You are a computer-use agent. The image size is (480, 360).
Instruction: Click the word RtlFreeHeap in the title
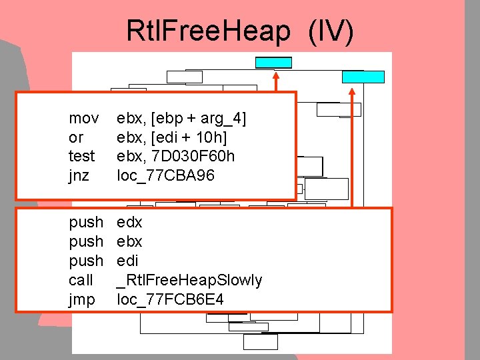[209, 31]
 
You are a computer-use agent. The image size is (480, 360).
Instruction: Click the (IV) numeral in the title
[331, 31]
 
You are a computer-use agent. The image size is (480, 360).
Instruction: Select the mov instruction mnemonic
[84, 119]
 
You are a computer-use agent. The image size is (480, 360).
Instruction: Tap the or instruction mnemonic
[76, 137]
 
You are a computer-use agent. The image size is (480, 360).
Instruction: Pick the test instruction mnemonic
[81, 156]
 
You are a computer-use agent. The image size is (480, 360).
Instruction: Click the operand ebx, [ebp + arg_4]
[181, 119]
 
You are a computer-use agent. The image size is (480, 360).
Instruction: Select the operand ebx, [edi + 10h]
[172, 137]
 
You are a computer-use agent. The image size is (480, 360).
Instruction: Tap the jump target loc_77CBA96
[166, 175]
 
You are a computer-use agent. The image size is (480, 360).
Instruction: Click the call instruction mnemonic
[81, 280]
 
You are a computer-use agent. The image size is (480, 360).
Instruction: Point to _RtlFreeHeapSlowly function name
[189, 280]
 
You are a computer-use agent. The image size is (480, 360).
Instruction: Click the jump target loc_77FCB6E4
[170, 299]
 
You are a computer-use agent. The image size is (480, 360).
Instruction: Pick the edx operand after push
[129, 221]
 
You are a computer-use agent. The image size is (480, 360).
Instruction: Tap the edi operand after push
[128, 261]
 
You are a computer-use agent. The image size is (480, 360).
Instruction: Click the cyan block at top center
[273, 63]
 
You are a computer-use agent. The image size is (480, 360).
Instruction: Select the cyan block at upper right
[363, 77]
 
